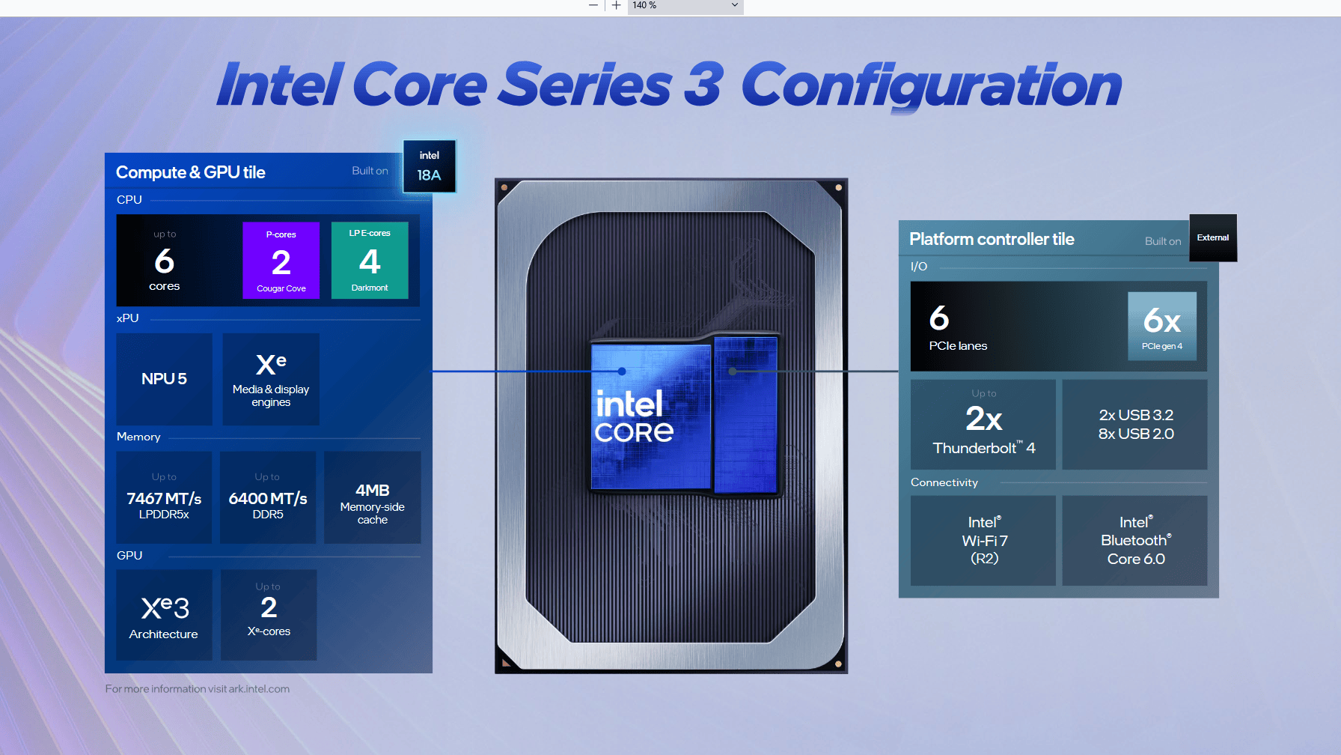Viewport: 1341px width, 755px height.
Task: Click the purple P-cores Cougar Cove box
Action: [281, 261]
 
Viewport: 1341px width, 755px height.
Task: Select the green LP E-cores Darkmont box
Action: [370, 261]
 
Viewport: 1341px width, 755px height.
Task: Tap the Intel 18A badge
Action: [429, 166]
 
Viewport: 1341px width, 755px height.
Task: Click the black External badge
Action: [1212, 238]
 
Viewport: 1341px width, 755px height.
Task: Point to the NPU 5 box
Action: [164, 379]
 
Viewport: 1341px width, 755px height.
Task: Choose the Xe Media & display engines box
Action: [271, 379]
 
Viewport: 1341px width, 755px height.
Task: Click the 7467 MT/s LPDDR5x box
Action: [164, 497]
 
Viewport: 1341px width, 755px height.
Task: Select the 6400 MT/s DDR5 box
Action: [268, 497]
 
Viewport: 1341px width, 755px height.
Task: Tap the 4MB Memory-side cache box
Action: [372, 497]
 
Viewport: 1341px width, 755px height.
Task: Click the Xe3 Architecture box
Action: [164, 615]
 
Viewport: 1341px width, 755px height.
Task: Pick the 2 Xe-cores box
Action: [269, 615]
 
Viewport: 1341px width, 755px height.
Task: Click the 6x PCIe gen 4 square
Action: [1161, 326]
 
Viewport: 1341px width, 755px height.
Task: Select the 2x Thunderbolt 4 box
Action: [983, 425]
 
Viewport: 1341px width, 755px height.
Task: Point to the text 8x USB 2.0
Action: [1135, 434]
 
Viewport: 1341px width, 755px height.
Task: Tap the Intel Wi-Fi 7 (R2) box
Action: [983, 540]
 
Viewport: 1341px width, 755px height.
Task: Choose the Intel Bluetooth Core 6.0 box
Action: [1134, 540]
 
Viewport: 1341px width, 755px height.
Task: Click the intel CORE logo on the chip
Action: [633, 416]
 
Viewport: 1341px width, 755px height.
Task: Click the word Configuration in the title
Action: [931, 85]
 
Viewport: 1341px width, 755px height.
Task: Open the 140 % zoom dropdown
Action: [685, 6]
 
